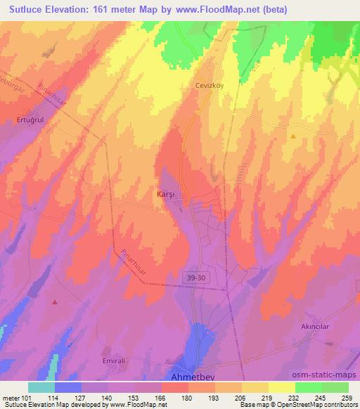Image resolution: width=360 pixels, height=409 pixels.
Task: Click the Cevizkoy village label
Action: point(209,84)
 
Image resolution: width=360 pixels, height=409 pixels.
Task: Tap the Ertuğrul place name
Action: point(30,120)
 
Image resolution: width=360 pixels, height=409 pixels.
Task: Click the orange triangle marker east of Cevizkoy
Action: point(292,136)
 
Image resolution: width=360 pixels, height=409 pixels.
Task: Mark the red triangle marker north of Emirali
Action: point(55,301)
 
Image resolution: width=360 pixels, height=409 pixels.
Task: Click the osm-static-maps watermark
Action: point(330,374)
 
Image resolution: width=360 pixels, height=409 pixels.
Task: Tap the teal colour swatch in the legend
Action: point(41,387)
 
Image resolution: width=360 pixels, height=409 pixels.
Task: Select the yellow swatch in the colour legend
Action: point(282,387)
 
